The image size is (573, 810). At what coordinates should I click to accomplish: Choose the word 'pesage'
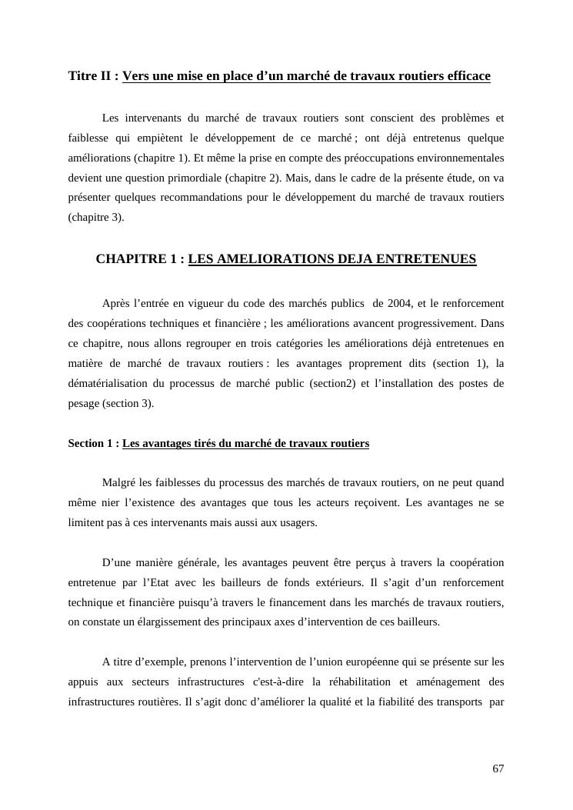point(84,403)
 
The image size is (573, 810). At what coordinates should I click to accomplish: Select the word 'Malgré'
point(118,483)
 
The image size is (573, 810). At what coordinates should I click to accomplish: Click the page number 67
point(498,769)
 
